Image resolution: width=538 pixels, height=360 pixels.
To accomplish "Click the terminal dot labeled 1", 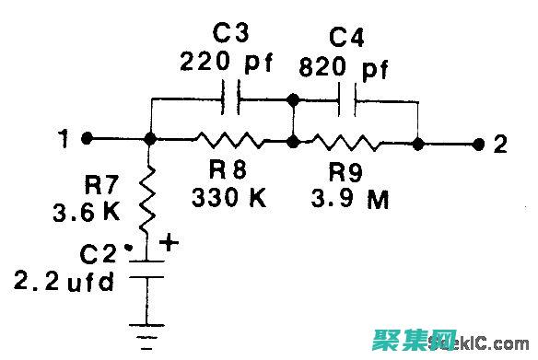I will pos(87,139).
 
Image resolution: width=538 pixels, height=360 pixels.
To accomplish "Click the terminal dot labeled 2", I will pos(478,145).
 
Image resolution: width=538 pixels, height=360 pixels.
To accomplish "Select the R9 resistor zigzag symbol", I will pos(345,143).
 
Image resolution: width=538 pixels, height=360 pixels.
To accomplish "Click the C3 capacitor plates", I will pos(233,99).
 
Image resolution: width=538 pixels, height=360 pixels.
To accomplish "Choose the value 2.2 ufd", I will pos(64,282).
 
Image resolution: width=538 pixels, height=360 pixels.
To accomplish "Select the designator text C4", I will pos(346,40).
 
